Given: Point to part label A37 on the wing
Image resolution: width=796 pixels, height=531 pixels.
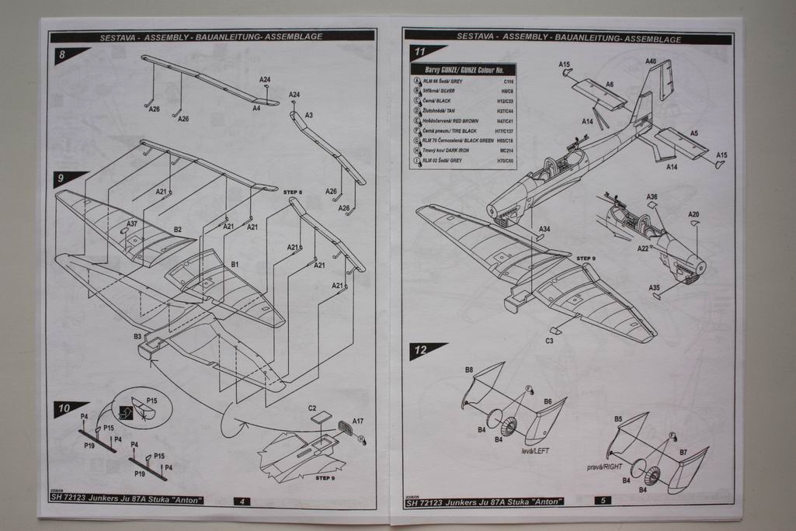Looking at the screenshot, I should click(x=132, y=224).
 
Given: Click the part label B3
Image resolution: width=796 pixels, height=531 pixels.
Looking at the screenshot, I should click(x=137, y=336).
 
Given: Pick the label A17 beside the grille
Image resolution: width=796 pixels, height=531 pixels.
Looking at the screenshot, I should click(x=357, y=421).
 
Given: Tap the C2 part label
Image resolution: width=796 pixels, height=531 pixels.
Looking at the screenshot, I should click(x=312, y=408).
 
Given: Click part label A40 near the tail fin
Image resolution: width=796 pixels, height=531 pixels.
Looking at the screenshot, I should click(x=650, y=61).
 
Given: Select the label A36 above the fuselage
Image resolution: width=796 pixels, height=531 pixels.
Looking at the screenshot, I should click(x=652, y=197).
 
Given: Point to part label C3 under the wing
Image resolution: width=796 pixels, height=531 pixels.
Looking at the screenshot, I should click(x=549, y=341).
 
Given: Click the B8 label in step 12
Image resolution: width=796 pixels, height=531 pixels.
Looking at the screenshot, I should click(x=469, y=369).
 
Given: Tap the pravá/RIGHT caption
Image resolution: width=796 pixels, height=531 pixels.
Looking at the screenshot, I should click(x=605, y=467).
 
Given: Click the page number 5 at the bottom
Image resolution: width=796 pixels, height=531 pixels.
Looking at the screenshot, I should click(x=603, y=501).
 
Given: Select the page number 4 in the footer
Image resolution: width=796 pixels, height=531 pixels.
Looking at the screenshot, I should click(x=242, y=501).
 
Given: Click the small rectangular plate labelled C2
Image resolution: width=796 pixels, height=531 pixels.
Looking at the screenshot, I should click(x=321, y=417).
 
